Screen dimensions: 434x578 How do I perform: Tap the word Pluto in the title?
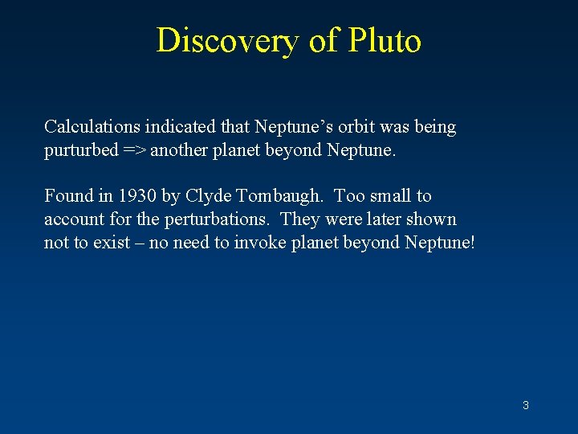(384, 40)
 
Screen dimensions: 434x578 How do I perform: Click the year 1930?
(132, 196)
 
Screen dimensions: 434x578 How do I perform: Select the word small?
(389, 196)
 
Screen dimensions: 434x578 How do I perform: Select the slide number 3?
(526, 405)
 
